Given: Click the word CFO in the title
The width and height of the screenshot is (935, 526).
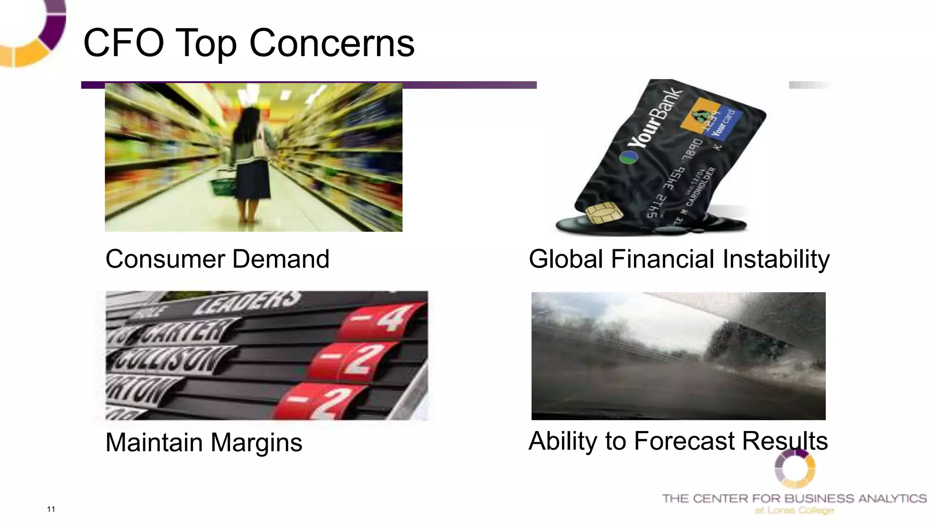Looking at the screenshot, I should click(123, 43).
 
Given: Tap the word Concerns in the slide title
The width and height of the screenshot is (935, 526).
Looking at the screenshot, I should click(332, 43).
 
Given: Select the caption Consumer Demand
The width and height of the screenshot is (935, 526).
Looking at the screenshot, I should click(217, 259).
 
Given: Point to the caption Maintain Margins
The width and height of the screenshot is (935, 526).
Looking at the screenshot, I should click(204, 442).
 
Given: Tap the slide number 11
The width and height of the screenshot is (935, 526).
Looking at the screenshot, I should click(51, 509).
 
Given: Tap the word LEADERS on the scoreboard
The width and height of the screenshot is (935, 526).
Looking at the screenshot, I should click(247, 302).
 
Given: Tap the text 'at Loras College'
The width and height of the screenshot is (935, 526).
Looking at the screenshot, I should click(794, 510).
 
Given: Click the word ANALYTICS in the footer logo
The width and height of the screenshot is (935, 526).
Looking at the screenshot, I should click(893, 498).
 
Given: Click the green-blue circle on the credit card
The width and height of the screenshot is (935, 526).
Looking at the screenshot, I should click(628, 158).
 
